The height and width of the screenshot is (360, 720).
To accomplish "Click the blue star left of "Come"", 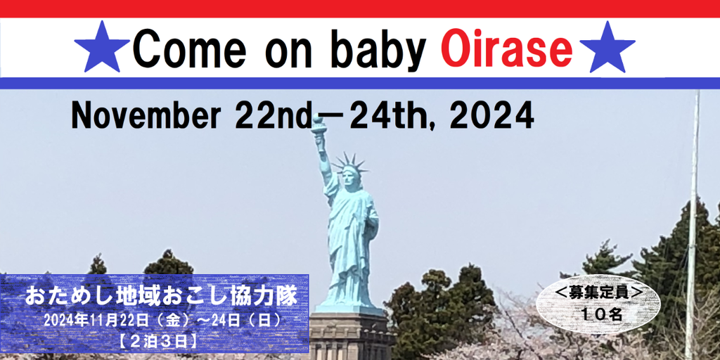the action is [102, 48].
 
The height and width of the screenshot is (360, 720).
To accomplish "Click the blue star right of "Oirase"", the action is [607, 48].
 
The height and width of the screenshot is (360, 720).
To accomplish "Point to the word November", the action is [145, 115].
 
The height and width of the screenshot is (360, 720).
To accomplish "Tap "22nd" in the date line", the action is [273, 115].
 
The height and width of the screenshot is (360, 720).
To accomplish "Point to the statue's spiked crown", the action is [350, 164].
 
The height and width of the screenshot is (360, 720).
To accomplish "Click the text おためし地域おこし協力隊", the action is [161, 297].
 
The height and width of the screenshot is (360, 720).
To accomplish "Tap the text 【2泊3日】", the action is [158, 341].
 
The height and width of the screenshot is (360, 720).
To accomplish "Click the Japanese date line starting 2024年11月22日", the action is [162, 321].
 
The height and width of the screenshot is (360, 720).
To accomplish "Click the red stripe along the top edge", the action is [360, 8].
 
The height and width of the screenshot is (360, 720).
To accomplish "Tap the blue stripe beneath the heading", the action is [360, 83].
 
